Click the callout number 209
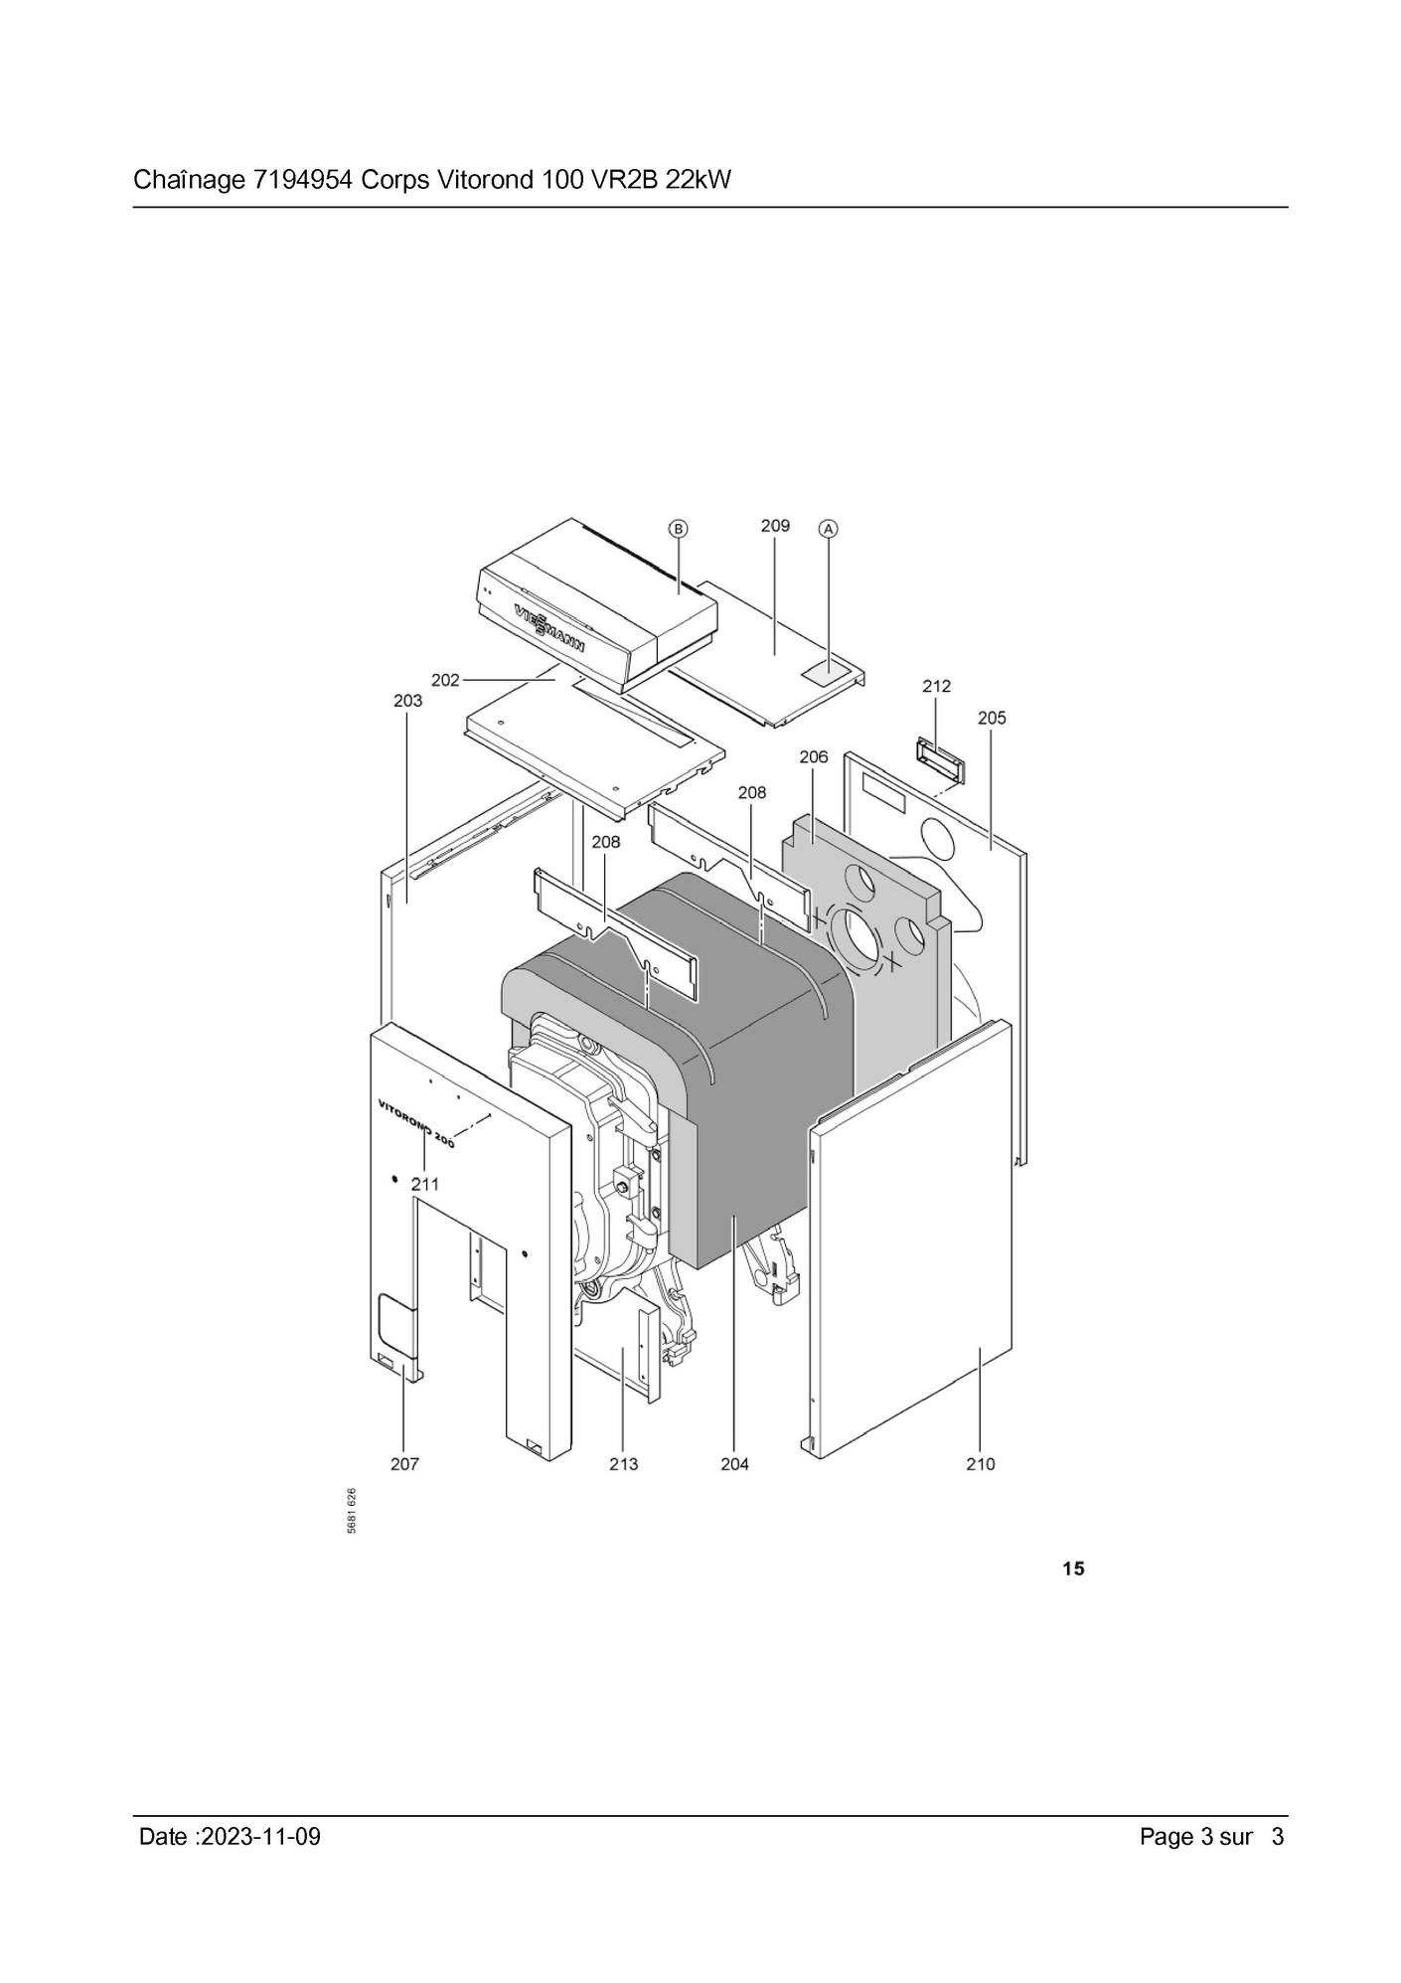(775, 525)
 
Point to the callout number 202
(445, 680)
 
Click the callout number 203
(407, 701)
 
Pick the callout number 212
(936, 686)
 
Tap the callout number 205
(992, 718)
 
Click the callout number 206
(814, 757)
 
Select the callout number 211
(425, 1185)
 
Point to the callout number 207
(404, 1464)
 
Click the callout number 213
(624, 1464)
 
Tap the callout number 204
(735, 1464)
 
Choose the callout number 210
(981, 1464)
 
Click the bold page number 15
(1073, 1570)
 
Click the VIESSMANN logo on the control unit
(549, 628)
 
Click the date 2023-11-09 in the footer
(260, 1836)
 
